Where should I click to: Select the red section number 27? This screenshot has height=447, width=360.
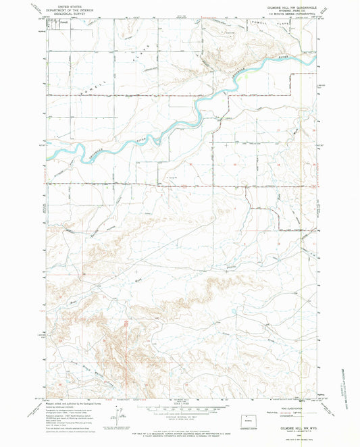pyautogui.click(x=278, y=128)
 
